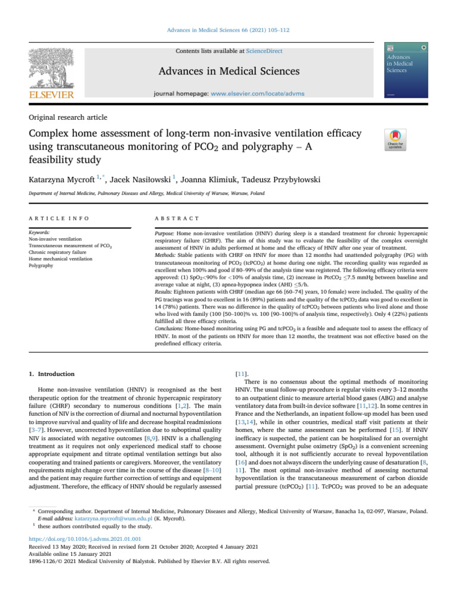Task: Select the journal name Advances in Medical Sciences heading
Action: [228, 72]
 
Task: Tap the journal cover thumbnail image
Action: [406, 70]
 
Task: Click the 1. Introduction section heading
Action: [52, 374]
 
